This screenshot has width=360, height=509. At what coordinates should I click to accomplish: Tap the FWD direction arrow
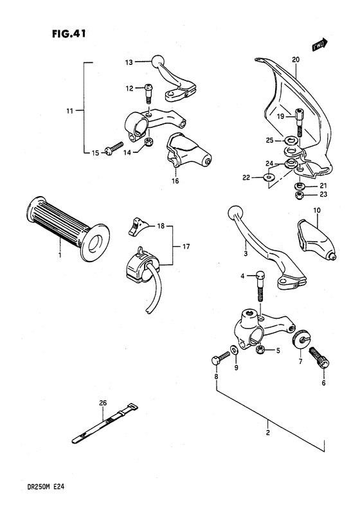pyautogui.click(x=319, y=44)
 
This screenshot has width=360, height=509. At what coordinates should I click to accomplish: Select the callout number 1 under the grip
pyautogui.click(x=60, y=256)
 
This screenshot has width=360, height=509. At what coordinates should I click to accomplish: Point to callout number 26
pyautogui.click(x=103, y=403)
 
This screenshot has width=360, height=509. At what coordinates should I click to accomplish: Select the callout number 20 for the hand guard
pyautogui.click(x=296, y=60)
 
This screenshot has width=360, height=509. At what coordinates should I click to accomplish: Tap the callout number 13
pyautogui.click(x=129, y=62)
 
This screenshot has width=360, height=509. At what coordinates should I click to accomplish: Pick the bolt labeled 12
pyautogui.click(x=148, y=94)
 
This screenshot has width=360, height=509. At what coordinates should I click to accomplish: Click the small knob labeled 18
pyautogui.click(x=135, y=224)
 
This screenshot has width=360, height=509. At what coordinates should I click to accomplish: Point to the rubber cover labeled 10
pyautogui.click(x=315, y=237)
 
